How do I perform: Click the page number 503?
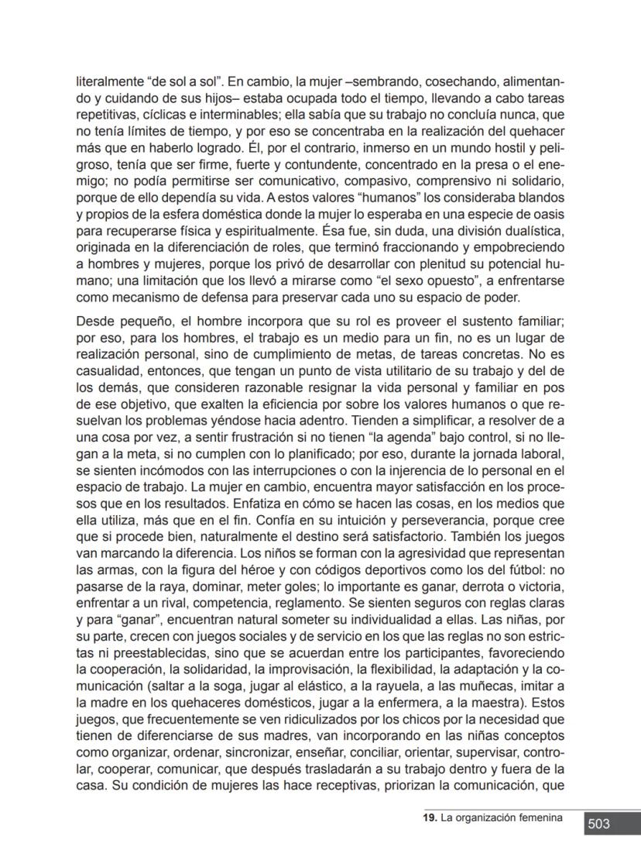click(598, 824)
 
